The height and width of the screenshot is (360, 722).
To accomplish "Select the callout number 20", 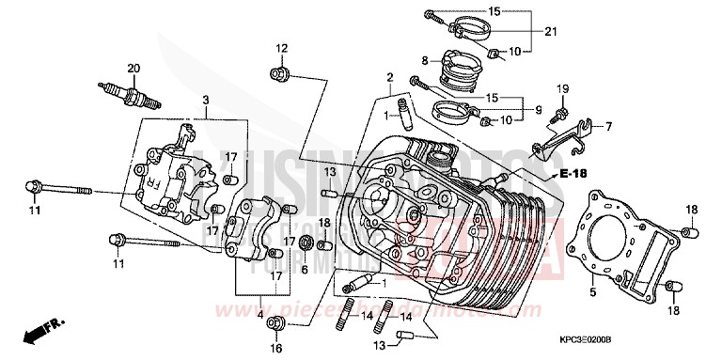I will coord(133,68).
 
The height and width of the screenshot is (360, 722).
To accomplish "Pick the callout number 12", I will coord(281,48).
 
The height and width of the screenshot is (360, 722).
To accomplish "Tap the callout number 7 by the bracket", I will coord(608,126).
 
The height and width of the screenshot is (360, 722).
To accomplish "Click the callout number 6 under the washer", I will coord(304,267).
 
